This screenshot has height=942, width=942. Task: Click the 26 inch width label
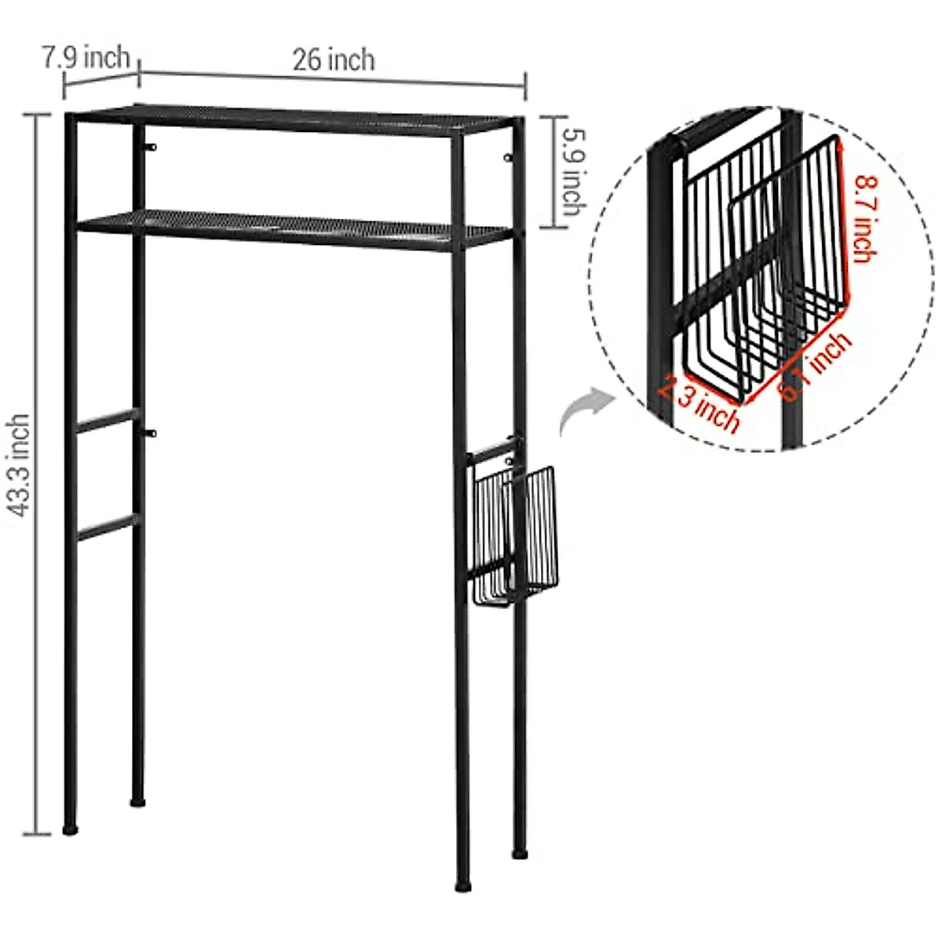334,60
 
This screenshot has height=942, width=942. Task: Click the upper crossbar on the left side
107,421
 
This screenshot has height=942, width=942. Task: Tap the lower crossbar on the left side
107,528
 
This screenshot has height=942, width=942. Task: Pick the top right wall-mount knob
507,159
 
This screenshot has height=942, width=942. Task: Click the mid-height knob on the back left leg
153,433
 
